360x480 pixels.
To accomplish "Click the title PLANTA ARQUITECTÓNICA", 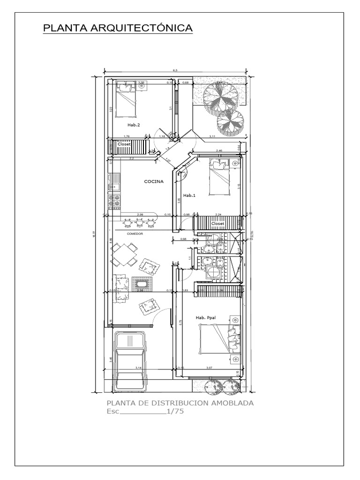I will pyautogui.click(x=118, y=28).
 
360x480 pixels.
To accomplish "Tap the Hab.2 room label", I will pyautogui.click(x=134, y=125).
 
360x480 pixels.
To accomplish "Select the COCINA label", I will pyautogui.click(x=154, y=181).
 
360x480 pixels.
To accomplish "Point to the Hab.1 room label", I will pyautogui.click(x=188, y=195).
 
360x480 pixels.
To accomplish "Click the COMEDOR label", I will pyautogui.click(x=135, y=233).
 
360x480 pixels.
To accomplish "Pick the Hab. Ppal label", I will pyautogui.click(x=204, y=318).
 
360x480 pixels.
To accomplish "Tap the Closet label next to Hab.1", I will pyautogui.click(x=217, y=224).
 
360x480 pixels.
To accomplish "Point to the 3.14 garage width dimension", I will pyautogui.click(x=139, y=368).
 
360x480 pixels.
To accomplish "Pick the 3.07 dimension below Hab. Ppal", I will pyautogui.click(x=210, y=368).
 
